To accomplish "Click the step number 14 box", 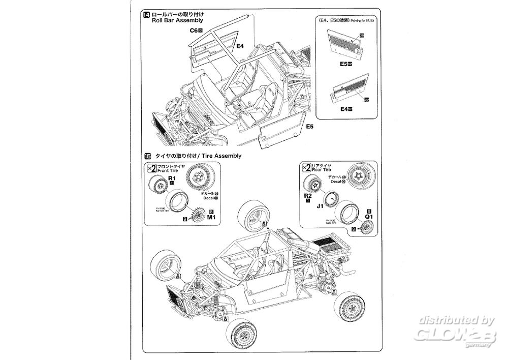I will click(147, 14).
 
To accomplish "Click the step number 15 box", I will click(147, 156).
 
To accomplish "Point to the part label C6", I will click(194, 31).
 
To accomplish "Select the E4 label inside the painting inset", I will click(344, 109).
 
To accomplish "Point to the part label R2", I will click(307, 195).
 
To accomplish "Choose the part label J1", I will click(320, 206).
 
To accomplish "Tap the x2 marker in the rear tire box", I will click(307, 168).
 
